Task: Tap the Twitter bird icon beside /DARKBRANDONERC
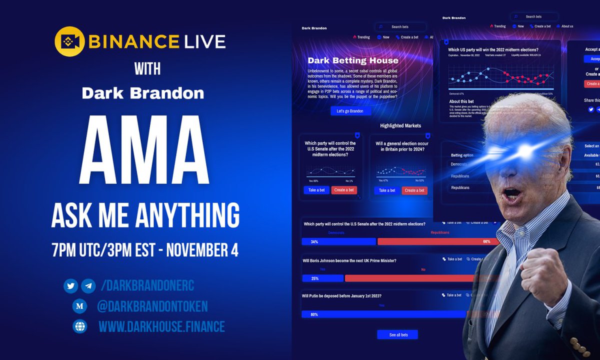(70, 286)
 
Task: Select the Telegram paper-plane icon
(88, 286)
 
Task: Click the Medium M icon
(79, 306)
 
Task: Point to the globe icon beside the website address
(79, 326)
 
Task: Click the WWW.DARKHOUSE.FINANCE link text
(161, 327)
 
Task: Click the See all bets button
(397, 334)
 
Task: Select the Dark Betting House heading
(353, 60)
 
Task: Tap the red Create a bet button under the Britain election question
(414, 190)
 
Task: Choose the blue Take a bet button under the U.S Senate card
(316, 190)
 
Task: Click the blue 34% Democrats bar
(338, 241)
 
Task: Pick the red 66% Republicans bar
(430, 241)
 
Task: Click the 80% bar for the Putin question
(385, 314)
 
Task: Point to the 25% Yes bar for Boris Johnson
(322, 278)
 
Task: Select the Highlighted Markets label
(400, 125)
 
